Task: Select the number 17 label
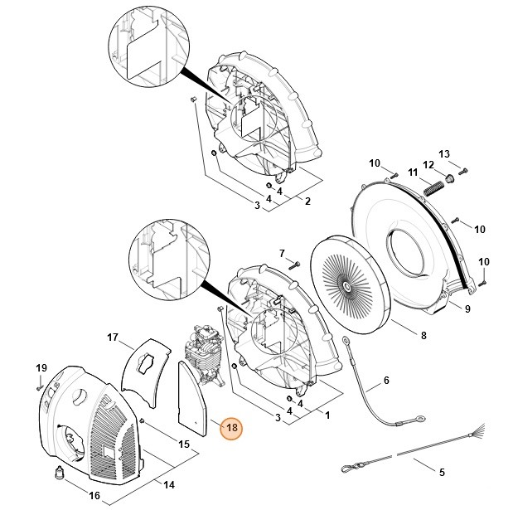[x=113, y=337]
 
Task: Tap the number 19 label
[x=40, y=367]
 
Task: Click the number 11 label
[x=414, y=172]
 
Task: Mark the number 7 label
[x=282, y=253]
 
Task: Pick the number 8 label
[x=423, y=335]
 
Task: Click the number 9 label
[x=467, y=308]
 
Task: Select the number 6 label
[x=385, y=382]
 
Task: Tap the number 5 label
[x=442, y=472]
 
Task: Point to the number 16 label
[x=94, y=496]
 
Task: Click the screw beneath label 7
[x=295, y=264]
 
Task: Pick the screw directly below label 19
[x=40, y=384]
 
